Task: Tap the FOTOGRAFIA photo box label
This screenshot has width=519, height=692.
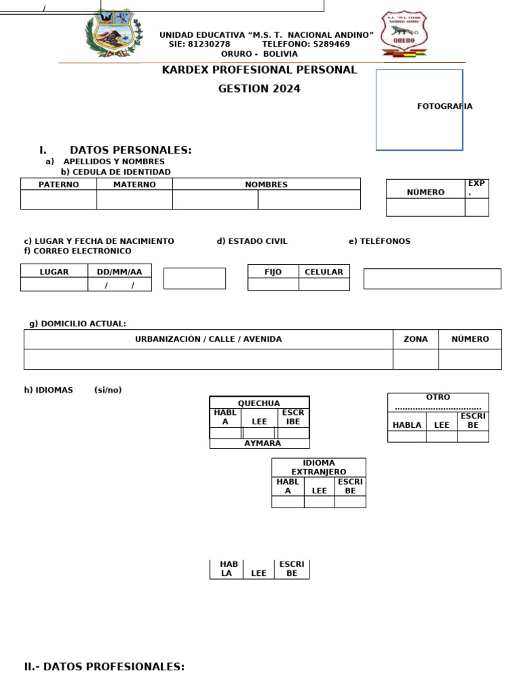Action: click(x=445, y=106)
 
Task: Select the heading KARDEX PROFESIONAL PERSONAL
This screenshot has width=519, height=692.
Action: click(x=259, y=70)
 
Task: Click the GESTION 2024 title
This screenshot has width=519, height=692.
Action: click(x=259, y=89)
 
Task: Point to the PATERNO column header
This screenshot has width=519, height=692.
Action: click(x=59, y=184)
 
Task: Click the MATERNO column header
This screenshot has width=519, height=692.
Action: click(x=134, y=184)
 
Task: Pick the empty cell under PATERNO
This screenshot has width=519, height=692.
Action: click(x=59, y=200)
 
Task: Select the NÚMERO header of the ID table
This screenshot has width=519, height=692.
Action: click(x=426, y=192)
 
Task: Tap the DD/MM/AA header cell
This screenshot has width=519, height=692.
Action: click(x=120, y=272)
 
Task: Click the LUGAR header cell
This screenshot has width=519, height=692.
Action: click(x=54, y=272)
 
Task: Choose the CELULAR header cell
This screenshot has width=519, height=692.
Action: click(x=324, y=272)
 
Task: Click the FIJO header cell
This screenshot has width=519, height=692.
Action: click(x=273, y=272)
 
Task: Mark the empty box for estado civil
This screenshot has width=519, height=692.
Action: click(x=195, y=278)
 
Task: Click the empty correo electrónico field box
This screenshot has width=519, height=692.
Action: click(x=432, y=278)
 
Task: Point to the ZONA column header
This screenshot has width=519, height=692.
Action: click(x=416, y=339)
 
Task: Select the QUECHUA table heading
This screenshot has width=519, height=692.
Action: click(x=259, y=403)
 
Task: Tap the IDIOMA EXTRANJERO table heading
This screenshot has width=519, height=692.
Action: click(x=319, y=467)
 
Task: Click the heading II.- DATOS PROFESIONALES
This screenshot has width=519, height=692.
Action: click(x=104, y=667)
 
